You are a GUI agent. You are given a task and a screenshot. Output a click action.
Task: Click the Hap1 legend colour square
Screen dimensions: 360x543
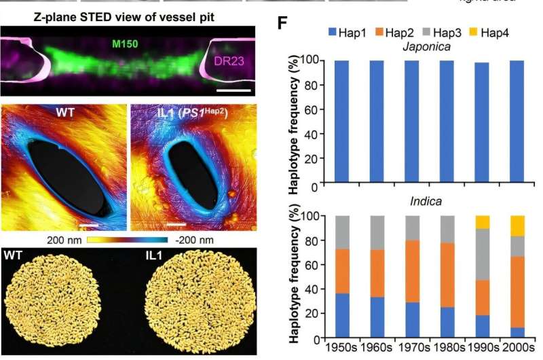click(x=332, y=32)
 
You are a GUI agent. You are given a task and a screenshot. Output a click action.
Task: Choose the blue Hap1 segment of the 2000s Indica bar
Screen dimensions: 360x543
click(x=518, y=332)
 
